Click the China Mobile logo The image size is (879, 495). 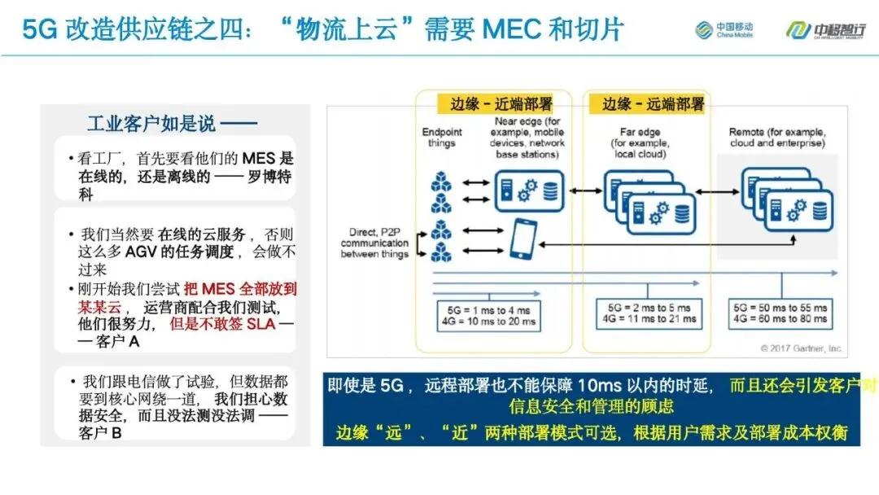click(x=724, y=30)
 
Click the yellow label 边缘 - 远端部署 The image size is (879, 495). click(x=653, y=104)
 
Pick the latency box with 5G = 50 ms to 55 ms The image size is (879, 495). click(x=782, y=314)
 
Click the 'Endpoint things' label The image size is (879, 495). click(x=441, y=138)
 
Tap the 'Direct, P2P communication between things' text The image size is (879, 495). click(x=374, y=243)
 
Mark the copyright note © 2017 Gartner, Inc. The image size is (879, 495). click(x=802, y=348)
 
